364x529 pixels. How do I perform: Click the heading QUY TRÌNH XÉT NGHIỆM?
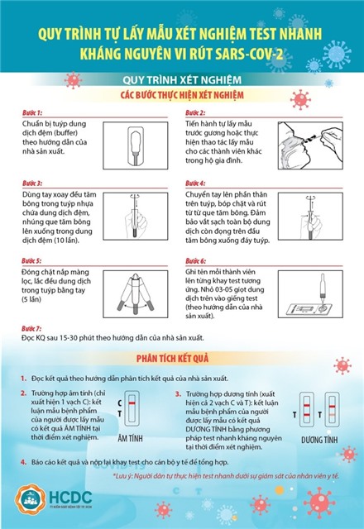[x=181, y=80]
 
